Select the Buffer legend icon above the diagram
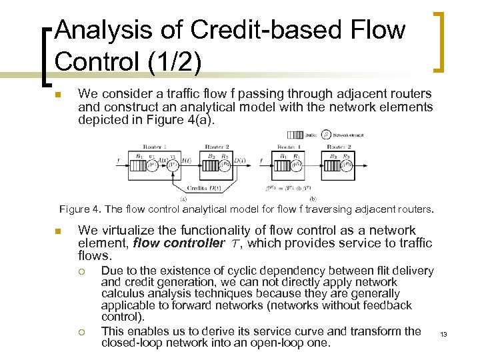[x=296, y=135]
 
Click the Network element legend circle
[x=325, y=135]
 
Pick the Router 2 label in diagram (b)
[x=339, y=146]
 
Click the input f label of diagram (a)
[x=119, y=160]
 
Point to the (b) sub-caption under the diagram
[x=313, y=198]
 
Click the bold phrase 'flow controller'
[x=179, y=243]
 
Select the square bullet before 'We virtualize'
[x=58, y=231]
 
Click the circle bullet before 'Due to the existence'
[x=81, y=271]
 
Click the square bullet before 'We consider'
[x=58, y=95]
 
